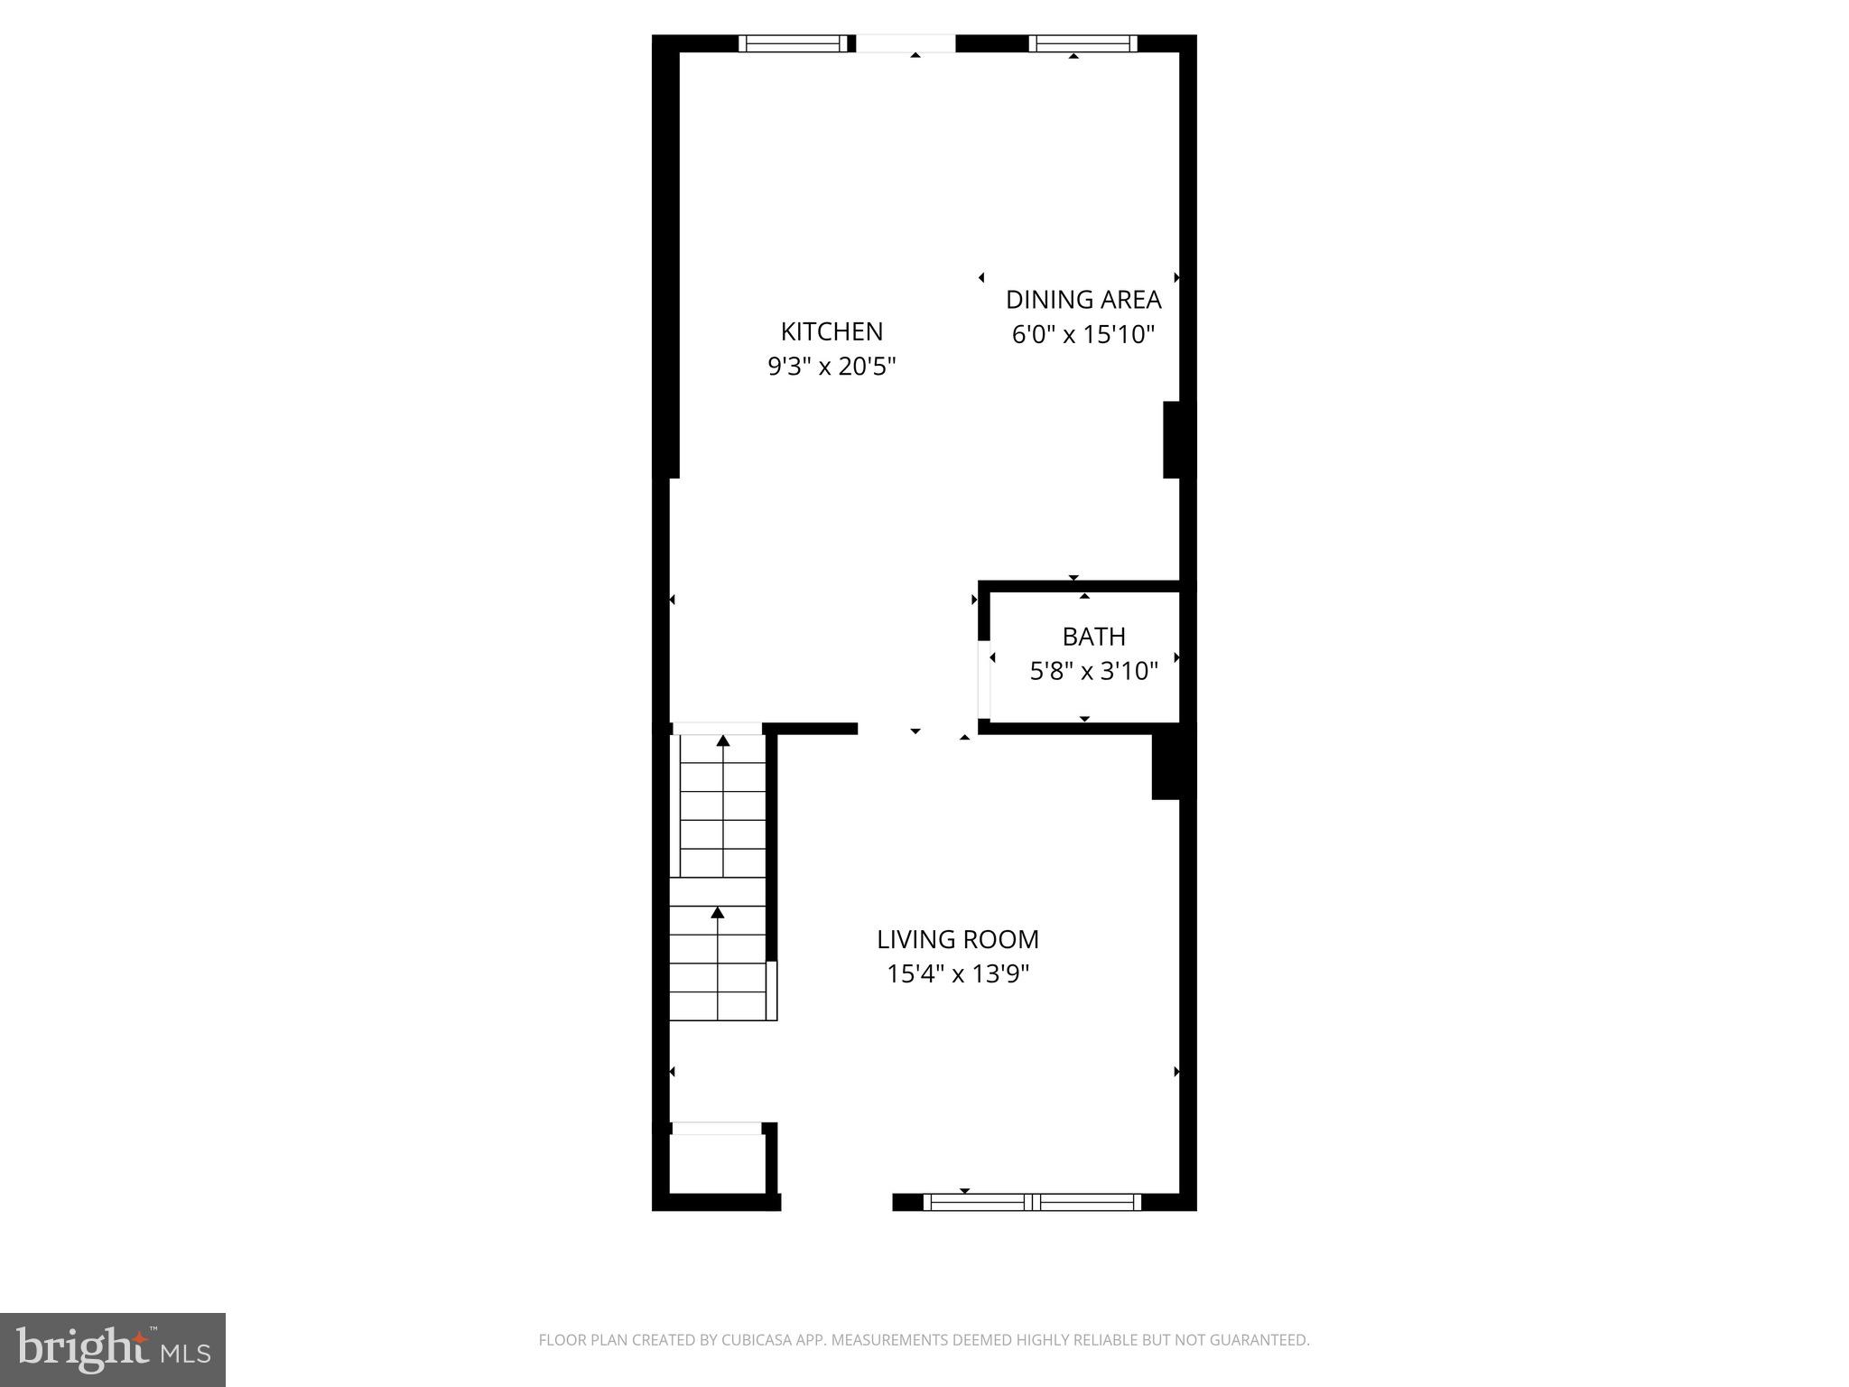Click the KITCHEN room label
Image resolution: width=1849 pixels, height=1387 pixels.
[832, 331]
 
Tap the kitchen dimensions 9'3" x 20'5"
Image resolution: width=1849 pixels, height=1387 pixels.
[832, 367]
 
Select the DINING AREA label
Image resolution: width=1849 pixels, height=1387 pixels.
[1083, 300]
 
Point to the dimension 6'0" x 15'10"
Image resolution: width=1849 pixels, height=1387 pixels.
[1083, 335]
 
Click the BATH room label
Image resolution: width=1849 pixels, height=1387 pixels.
[1093, 637]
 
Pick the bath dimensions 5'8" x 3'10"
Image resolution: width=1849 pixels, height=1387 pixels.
[1093, 671]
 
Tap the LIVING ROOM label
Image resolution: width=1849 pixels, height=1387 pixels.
[958, 939]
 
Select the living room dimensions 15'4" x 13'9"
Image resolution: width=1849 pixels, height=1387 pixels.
[958, 974]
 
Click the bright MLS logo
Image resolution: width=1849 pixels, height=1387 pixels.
[113, 1350]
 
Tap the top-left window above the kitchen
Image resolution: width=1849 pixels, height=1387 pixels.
[794, 43]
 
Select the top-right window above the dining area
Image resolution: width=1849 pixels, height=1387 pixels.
[1082, 43]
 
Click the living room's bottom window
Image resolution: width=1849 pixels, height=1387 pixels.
[1032, 1202]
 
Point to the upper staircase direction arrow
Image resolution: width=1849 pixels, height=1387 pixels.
[723, 741]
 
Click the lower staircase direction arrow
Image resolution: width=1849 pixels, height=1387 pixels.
[718, 913]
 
